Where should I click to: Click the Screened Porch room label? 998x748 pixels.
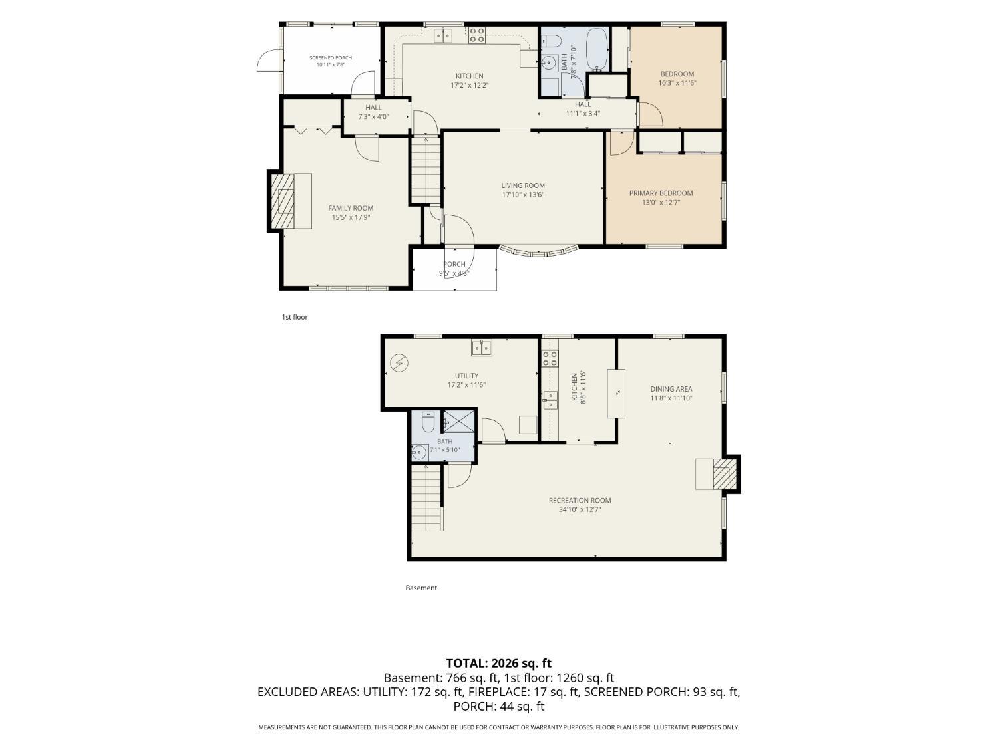(331, 58)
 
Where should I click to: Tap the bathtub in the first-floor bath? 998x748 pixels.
(596, 49)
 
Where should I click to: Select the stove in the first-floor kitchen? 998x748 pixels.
(477, 35)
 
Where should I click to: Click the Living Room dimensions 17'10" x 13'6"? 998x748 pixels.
(523, 195)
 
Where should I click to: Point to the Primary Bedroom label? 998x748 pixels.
(661, 193)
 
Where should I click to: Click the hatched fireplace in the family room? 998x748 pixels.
(283, 201)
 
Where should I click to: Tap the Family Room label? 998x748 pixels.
(351, 208)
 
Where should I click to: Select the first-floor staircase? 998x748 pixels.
(426, 170)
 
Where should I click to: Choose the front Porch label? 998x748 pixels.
(454, 264)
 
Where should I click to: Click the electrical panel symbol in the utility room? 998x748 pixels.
(399, 362)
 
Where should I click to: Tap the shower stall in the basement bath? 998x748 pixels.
(459, 421)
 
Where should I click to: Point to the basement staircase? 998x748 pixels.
(426, 499)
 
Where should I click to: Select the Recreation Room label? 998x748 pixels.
(580, 500)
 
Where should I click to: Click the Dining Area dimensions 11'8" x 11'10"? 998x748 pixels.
(671, 398)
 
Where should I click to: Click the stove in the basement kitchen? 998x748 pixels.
(550, 358)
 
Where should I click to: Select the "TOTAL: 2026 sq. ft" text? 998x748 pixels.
(499, 663)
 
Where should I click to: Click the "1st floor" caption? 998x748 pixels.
(295, 317)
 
